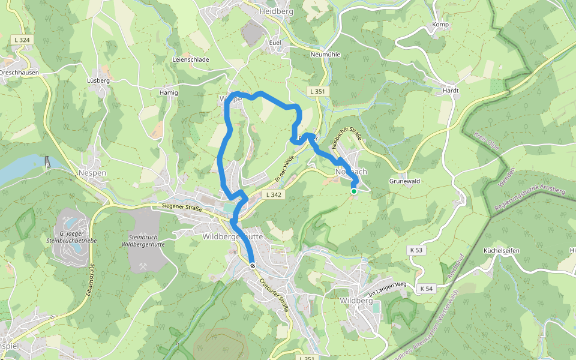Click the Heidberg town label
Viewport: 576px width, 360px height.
pos(277,11)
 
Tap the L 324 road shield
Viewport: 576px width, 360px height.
pos(21,40)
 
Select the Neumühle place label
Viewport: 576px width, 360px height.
pos(325,55)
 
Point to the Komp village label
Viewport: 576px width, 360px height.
pos(440,25)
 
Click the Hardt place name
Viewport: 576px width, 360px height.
pos(450,91)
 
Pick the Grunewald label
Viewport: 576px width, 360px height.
pos(404,181)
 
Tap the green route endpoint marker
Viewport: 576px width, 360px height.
pos(354,191)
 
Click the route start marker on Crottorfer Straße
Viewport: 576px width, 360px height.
pos(253,265)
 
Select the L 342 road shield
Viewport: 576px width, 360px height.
pos(273,195)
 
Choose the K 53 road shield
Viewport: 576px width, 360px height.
pos(416,250)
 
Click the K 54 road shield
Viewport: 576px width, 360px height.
pos(427,289)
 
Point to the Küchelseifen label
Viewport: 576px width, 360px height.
pos(500,250)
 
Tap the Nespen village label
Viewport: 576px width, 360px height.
pos(92,172)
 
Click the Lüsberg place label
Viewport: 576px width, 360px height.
pos(98,80)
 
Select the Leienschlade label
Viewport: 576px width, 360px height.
pos(191,60)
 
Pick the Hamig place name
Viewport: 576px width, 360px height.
pos(169,93)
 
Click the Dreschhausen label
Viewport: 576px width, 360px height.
pos(19,72)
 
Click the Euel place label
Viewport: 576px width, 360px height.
pos(275,43)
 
